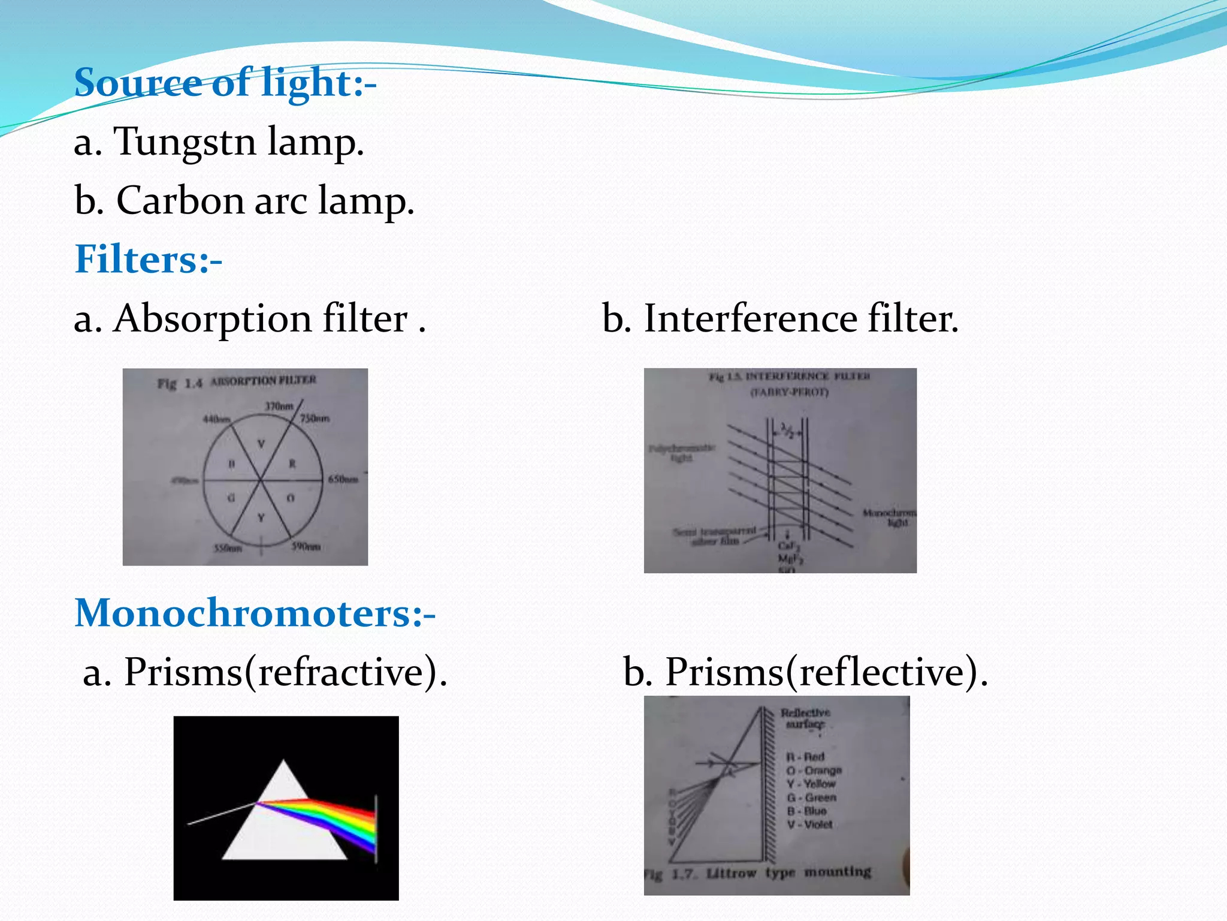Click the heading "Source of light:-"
tap(225, 82)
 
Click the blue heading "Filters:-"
tap(148, 259)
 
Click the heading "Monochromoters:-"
tap(255, 613)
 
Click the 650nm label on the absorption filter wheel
tap(343, 479)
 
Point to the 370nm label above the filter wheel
tap(279, 407)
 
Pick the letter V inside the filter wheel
tap(261, 444)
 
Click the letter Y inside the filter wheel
tap(261, 517)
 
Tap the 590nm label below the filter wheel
tap(306, 547)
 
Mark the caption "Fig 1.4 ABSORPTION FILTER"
tap(237, 382)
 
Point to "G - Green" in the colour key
tap(811, 797)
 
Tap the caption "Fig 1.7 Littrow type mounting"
tap(758, 873)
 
